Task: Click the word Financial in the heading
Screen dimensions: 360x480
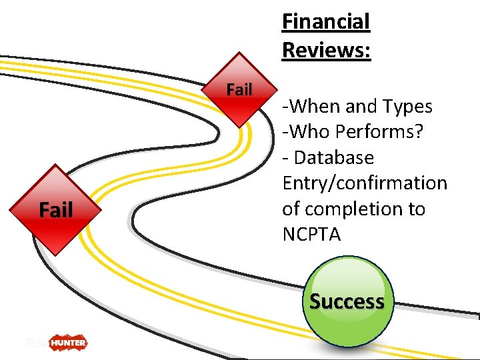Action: [x=325, y=22]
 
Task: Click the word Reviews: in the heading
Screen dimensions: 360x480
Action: [x=326, y=50]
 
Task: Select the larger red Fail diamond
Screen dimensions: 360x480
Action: [x=55, y=210]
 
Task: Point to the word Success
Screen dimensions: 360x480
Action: [x=347, y=301]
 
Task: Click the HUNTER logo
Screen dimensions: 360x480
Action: [x=66, y=343]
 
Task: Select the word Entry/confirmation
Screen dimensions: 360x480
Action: [x=365, y=183]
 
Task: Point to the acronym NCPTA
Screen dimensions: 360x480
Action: [x=311, y=235]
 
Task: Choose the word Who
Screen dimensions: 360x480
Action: [x=308, y=132]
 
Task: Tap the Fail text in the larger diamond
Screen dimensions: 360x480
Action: [x=55, y=211]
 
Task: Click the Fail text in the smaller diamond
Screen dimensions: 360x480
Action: [x=239, y=89]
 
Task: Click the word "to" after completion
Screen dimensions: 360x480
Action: [x=416, y=209]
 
